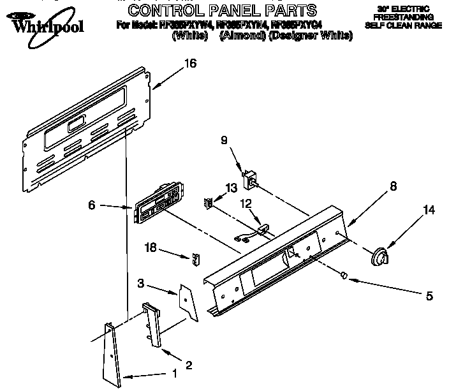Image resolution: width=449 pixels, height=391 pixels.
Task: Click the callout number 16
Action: pyautogui.click(x=190, y=63)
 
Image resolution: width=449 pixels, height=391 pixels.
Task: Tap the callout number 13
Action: pyautogui.click(x=230, y=188)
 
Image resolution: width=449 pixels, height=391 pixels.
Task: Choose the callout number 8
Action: pyautogui.click(x=393, y=186)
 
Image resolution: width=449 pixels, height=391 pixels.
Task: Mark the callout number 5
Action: pyautogui.click(x=429, y=296)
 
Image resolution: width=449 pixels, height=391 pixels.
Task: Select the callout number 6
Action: pyautogui.click(x=92, y=205)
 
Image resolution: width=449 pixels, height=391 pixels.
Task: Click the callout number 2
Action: pyautogui.click(x=188, y=365)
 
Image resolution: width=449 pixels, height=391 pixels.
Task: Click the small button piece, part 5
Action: pyautogui.click(x=343, y=275)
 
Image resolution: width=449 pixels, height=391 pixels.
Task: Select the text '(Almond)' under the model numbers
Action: pyautogui.click(x=241, y=36)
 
